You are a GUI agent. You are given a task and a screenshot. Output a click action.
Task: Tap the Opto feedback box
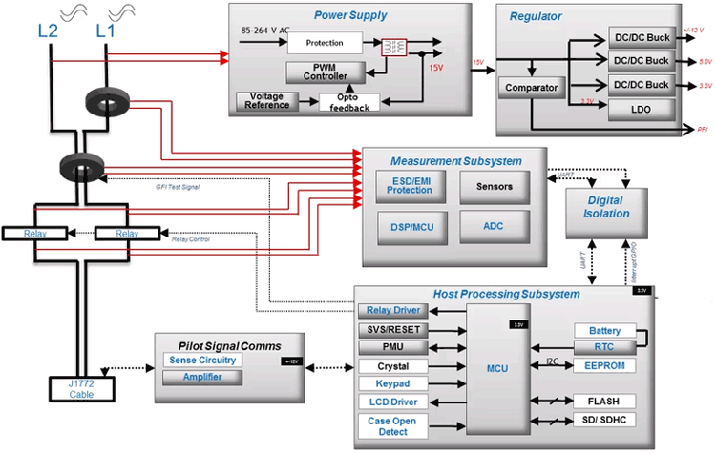pyautogui.click(x=348, y=102)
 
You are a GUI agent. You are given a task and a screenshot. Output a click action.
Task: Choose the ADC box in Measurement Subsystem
pyautogui.click(x=494, y=227)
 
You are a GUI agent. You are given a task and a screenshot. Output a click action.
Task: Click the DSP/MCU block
pyautogui.click(x=409, y=227)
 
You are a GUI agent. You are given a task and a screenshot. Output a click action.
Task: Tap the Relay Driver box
pyautogui.click(x=394, y=311)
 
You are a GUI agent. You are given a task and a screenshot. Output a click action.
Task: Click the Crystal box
pyautogui.click(x=394, y=366)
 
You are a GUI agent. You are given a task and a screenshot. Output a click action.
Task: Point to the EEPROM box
pyautogui.click(x=604, y=366)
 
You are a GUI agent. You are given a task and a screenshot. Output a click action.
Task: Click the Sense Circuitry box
pyautogui.click(x=201, y=360)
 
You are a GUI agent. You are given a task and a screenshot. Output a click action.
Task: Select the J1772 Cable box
pyautogui.click(x=81, y=388)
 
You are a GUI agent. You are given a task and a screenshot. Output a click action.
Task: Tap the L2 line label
pyautogui.click(x=48, y=31)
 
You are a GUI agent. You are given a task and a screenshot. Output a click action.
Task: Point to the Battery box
pyautogui.click(x=604, y=330)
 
